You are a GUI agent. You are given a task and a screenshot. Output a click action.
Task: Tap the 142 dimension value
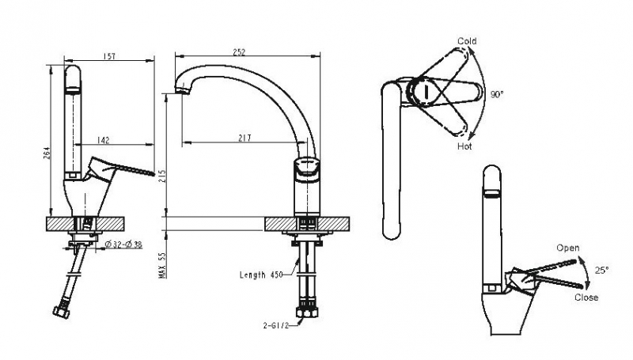point(103,139)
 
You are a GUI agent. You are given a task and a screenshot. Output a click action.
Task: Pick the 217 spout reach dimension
point(244,138)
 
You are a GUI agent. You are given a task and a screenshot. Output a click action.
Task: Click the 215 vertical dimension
point(164,175)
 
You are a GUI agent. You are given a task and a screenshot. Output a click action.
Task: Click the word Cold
point(467,41)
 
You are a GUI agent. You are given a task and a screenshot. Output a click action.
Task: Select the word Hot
point(465,146)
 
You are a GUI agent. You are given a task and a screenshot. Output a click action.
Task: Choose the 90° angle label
point(497,93)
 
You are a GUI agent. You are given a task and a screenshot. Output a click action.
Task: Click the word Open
point(567,248)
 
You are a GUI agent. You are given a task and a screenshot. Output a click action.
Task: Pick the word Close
point(586,297)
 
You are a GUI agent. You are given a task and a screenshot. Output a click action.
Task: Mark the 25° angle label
point(602,271)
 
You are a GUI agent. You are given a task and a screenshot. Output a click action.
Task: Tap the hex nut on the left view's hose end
point(60,309)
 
